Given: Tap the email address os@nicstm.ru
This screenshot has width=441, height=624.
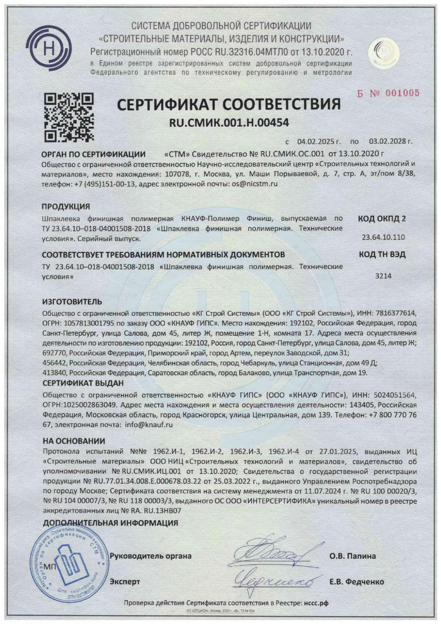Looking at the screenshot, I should click(x=254, y=184).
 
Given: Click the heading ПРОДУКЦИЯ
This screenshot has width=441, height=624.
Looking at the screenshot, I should click(x=66, y=207).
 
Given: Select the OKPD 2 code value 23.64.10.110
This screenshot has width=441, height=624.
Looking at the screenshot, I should click(x=383, y=237).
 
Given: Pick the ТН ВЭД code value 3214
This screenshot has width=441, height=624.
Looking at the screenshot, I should click(x=383, y=276).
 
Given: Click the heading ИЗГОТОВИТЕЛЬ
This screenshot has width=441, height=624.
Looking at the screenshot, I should click(x=72, y=302).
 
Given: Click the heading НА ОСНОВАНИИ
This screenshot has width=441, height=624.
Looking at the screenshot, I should click(x=74, y=441).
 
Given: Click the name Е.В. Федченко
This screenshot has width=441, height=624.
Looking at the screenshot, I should click(x=356, y=582).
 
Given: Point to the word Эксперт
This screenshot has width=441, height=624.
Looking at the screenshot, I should click(x=124, y=582).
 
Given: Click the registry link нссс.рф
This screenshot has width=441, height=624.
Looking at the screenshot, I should click(x=316, y=603).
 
